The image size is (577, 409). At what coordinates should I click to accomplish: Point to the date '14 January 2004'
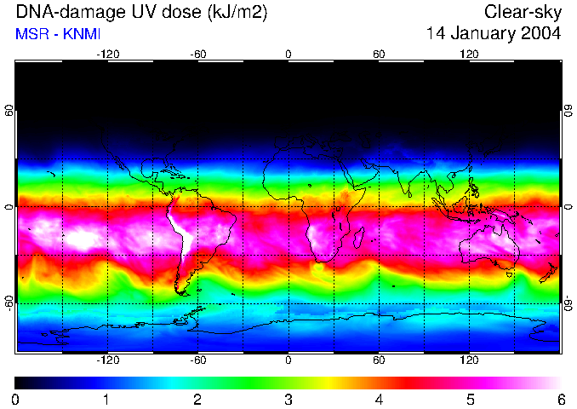point(494,34)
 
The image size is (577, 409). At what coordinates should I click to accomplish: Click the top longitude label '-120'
point(107,55)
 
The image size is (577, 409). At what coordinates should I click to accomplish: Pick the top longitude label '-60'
point(198,55)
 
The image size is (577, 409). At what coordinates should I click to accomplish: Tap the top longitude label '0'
point(288,55)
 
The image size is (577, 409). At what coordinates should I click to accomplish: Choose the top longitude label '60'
point(379,55)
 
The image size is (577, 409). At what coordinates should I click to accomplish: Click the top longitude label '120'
point(469,55)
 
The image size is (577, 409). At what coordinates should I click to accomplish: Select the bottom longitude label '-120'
point(107,360)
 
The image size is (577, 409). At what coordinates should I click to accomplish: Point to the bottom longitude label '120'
point(469,360)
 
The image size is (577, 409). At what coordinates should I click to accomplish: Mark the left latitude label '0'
point(9,207)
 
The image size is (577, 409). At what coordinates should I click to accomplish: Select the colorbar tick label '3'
point(288,400)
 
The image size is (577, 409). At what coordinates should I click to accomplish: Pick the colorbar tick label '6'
point(561,400)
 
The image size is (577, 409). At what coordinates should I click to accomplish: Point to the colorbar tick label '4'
point(379,400)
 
